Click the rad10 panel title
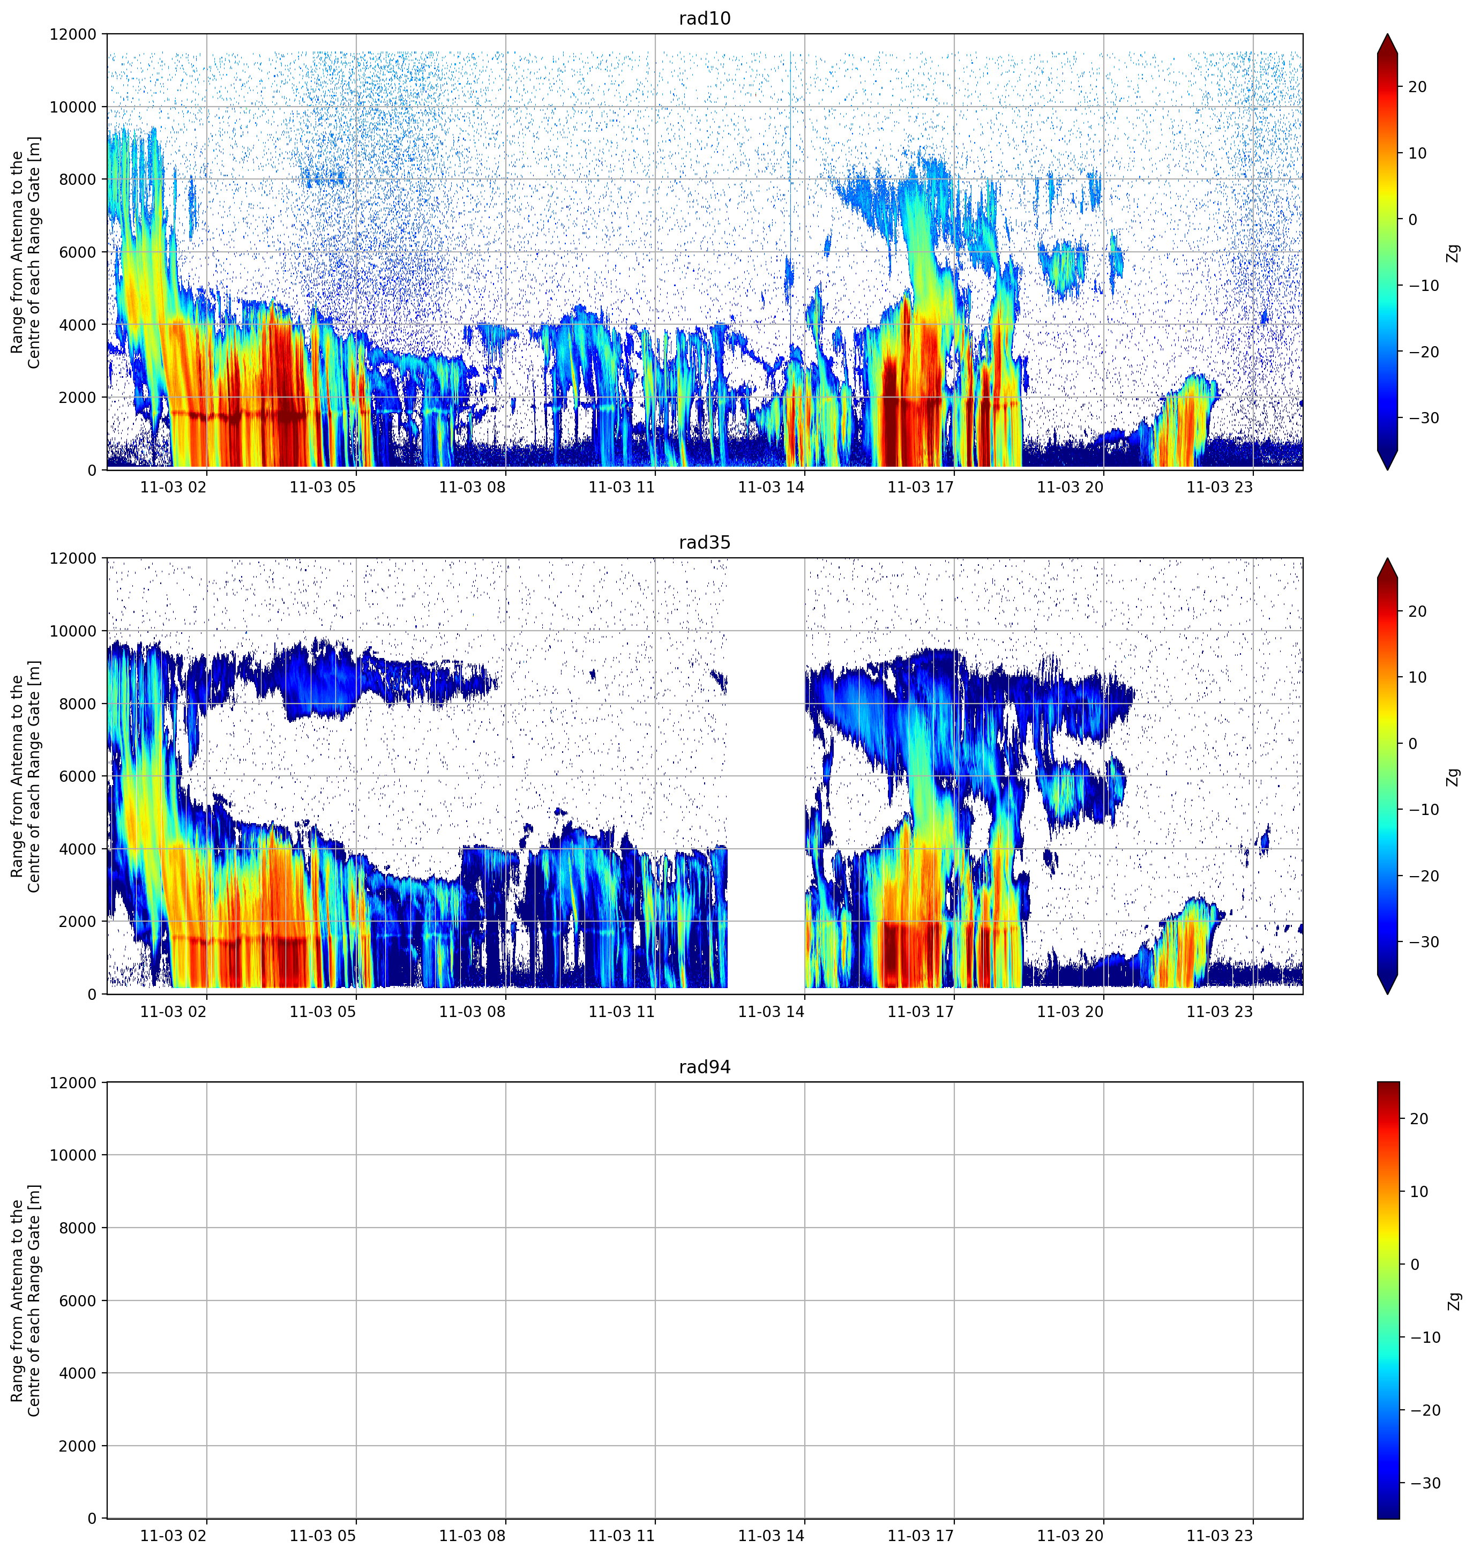pyautogui.click(x=704, y=18)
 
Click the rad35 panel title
pyautogui.click(x=704, y=543)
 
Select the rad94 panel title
pyautogui.click(x=704, y=1067)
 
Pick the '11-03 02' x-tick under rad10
pyautogui.click(x=174, y=487)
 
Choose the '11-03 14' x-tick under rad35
pyautogui.click(x=771, y=1012)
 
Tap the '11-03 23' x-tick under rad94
pyautogui.click(x=1220, y=1535)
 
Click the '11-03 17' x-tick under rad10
pyautogui.click(x=920, y=487)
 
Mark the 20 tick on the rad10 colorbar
pyautogui.click(x=1417, y=87)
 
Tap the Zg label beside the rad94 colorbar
pyautogui.click(x=1453, y=1300)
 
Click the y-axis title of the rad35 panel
pyautogui.click(x=25, y=776)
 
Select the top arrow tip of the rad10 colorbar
pyautogui.click(x=1387, y=34)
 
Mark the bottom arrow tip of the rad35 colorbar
pyautogui.click(x=1387, y=993)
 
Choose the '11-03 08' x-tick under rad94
pyautogui.click(x=472, y=1535)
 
